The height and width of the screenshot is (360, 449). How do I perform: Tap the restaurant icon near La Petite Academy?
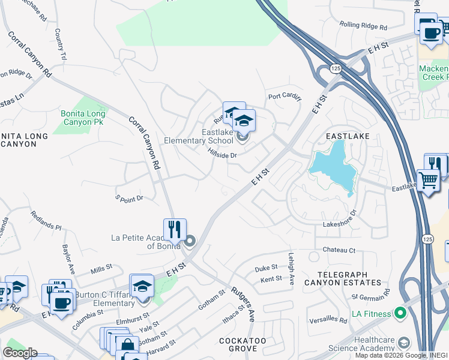point(175,229)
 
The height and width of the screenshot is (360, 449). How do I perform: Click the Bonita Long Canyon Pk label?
point(83,118)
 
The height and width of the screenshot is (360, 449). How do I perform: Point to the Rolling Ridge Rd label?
point(363,26)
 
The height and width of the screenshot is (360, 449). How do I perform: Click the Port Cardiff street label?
point(285,96)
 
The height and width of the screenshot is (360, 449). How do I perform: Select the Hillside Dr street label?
point(223,154)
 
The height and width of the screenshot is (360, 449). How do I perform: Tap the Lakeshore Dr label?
point(340,218)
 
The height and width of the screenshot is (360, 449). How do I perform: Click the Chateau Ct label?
point(339,250)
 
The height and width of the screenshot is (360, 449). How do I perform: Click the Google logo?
point(19,353)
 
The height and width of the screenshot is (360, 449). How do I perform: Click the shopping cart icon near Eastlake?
point(427,179)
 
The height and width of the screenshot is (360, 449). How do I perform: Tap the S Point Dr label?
point(129,197)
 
